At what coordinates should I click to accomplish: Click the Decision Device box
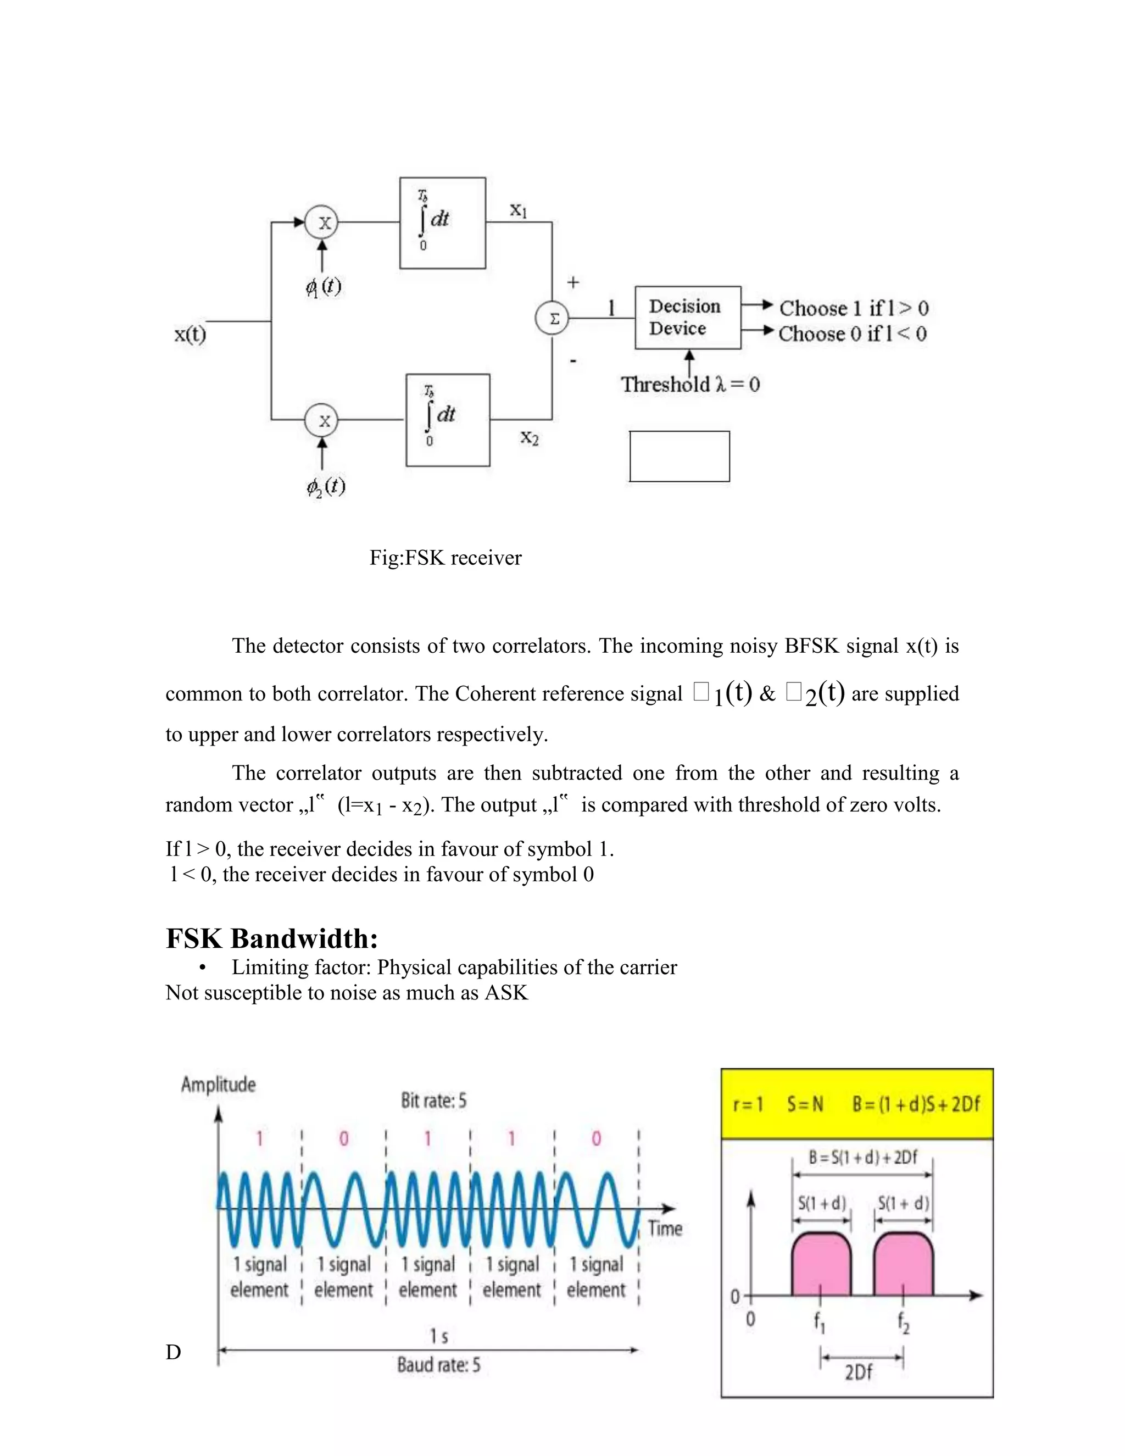click(687, 318)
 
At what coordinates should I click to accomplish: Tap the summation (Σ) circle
click(553, 319)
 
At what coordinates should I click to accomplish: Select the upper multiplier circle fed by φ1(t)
click(322, 223)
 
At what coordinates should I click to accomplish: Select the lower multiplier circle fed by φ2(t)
click(322, 421)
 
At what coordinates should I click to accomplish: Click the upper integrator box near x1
click(443, 223)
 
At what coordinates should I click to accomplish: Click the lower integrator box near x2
click(448, 420)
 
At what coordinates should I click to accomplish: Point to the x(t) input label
click(191, 334)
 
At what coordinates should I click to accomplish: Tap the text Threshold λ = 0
click(690, 385)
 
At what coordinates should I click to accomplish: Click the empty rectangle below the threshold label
click(679, 456)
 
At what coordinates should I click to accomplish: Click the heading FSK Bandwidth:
click(272, 938)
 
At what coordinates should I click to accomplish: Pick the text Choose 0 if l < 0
click(853, 334)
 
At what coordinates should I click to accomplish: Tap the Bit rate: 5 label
click(433, 1100)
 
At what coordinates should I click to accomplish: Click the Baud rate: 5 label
click(438, 1365)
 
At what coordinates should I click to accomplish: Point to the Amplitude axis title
click(219, 1085)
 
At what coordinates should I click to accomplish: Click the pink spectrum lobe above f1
click(821, 1265)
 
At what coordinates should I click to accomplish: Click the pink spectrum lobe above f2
click(903, 1265)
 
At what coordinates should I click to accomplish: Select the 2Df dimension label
click(859, 1372)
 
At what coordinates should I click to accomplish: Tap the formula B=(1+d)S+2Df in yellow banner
click(916, 1105)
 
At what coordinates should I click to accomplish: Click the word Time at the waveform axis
click(665, 1228)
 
